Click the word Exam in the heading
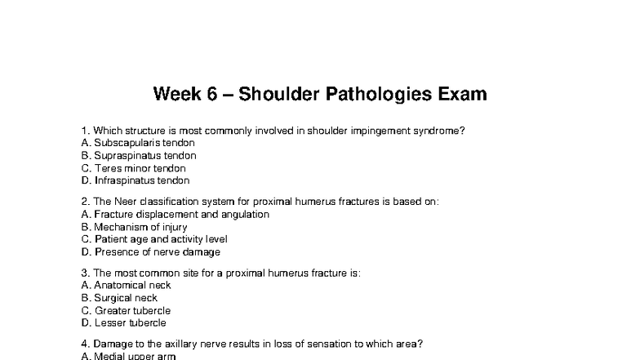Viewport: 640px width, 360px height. pyautogui.click(x=461, y=94)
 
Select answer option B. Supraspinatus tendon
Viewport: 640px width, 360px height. pyautogui.click(x=140, y=155)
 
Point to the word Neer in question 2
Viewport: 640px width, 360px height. pyautogui.click(x=126, y=202)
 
